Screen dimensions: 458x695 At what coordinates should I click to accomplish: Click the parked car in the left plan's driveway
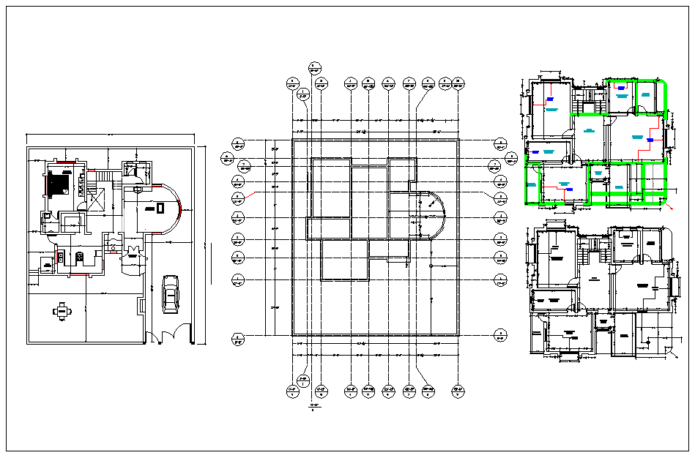[170, 294]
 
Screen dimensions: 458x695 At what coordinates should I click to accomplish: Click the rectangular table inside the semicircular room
[159, 209]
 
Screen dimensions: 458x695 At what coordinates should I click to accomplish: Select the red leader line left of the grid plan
[250, 195]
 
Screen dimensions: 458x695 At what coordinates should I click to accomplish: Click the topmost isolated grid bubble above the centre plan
[315, 68]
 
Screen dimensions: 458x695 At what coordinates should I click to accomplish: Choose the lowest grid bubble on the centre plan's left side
[237, 337]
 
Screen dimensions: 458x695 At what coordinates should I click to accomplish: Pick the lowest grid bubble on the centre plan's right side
[500, 337]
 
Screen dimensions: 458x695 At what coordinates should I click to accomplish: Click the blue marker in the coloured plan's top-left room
[550, 96]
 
